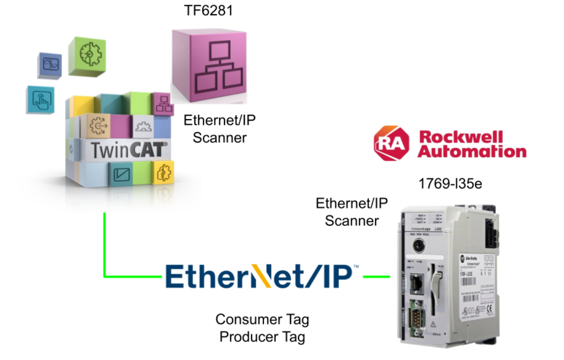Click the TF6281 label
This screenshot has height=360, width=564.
(x=208, y=11)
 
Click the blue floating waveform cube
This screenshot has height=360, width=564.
(x=50, y=64)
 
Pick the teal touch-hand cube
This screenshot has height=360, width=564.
(x=41, y=99)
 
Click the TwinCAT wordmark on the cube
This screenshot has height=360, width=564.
(x=129, y=150)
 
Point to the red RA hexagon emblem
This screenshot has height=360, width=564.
(x=391, y=144)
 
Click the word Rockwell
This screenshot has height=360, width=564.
(x=461, y=136)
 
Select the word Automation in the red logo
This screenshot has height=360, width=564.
(x=472, y=152)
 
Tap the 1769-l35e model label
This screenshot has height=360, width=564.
(x=450, y=184)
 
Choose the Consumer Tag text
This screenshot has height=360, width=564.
(x=262, y=319)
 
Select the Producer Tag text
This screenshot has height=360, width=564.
(x=262, y=337)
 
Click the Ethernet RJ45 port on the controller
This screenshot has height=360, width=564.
(x=417, y=283)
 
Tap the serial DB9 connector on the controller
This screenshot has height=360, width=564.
(x=417, y=317)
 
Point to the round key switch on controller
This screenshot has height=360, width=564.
(x=418, y=245)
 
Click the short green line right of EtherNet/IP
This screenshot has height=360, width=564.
(x=376, y=276)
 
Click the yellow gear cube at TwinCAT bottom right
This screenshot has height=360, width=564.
(x=164, y=173)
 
